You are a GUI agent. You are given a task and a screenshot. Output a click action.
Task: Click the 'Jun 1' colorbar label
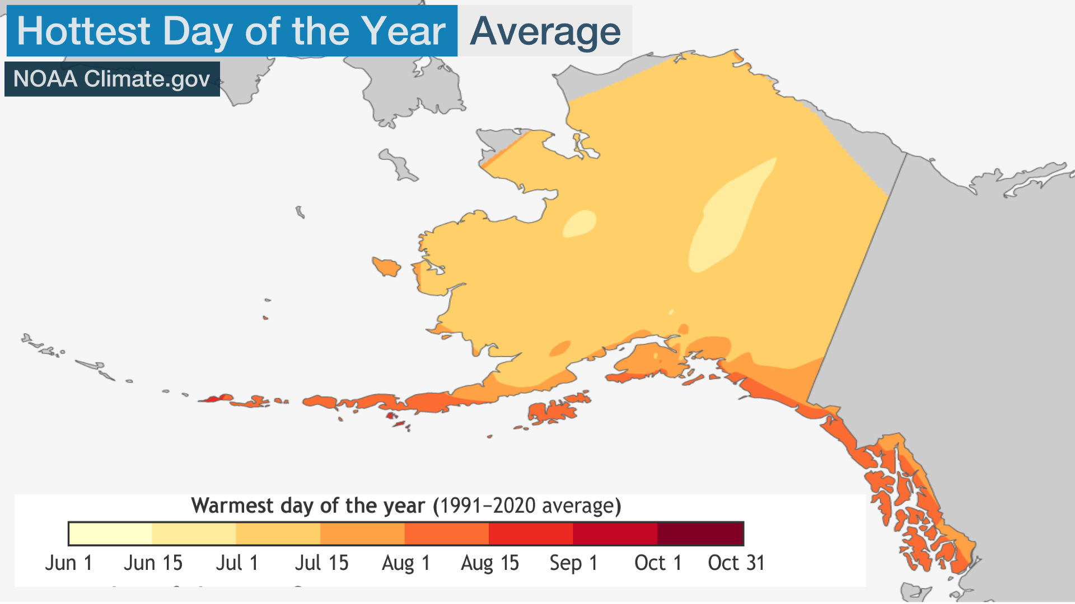(68, 563)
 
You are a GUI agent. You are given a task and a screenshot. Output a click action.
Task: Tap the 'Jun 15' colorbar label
(153, 563)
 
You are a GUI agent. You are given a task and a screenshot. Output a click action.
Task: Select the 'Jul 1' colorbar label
(237, 563)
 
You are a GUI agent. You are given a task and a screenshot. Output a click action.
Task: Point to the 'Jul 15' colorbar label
(321, 563)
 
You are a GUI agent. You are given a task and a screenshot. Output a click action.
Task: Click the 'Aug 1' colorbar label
(405, 563)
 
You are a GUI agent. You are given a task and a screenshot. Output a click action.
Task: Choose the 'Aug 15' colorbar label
(490, 563)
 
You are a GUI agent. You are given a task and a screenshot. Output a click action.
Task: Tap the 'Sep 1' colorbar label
(573, 563)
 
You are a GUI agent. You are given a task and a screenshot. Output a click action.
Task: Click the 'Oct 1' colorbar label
(658, 563)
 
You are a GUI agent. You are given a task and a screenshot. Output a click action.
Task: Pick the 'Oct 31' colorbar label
(736, 563)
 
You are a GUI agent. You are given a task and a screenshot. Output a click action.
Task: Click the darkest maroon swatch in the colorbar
(700, 534)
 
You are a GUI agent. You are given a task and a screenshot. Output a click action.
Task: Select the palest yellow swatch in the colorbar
(110, 534)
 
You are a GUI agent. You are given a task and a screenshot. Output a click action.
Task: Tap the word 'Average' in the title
(545, 31)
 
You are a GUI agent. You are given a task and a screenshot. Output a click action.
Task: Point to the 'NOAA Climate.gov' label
(112, 79)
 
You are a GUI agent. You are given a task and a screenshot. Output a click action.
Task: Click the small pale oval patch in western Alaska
(579, 224)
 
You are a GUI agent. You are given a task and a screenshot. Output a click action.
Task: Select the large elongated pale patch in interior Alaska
(728, 218)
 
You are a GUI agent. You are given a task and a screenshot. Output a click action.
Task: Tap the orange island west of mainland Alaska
(387, 266)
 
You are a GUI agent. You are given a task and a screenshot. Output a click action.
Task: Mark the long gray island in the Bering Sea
(399, 165)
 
